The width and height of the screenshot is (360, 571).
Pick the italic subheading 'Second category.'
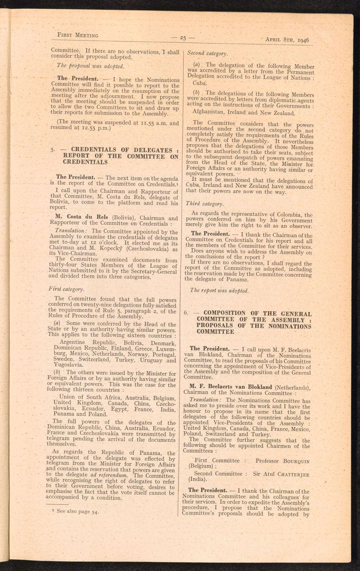pyautogui.click(x=207, y=53)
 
